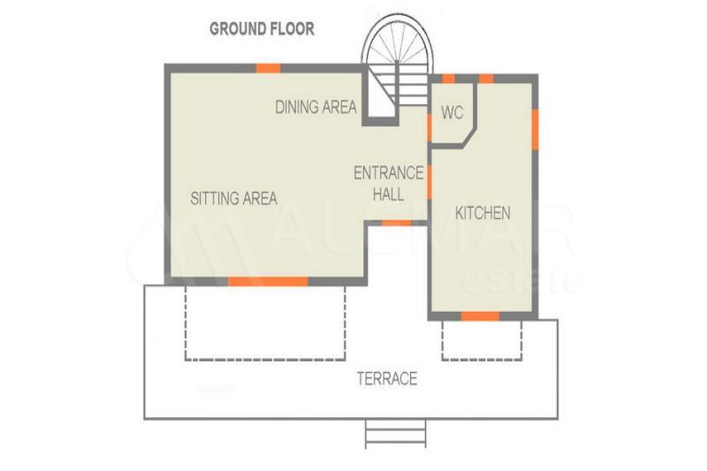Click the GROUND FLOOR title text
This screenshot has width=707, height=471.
click(x=262, y=29)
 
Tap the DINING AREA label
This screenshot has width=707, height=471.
click(x=316, y=107)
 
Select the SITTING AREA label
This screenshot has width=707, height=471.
click(x=234, y=198)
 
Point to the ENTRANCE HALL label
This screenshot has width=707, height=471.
click(x=389, y=184)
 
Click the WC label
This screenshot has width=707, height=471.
click(x=452, y=112)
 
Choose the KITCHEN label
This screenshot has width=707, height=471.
click(x=483, y=213)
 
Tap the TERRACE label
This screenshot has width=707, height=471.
click(x=387, y=378)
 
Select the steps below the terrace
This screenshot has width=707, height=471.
click(x=395, y=434)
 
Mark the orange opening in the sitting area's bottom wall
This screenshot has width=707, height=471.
click(x=268, y=282)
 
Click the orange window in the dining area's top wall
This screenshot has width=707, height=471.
click(x=269, y=68)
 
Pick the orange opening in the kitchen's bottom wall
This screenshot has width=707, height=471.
click(x=480, y=316)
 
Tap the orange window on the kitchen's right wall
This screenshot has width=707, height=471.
click(x=535, y=129)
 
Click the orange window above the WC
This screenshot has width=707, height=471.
click(x=448, y=79)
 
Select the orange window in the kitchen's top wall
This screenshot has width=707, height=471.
click(x=486, y=79)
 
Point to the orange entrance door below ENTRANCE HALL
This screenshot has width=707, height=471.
click(x=397, y=223)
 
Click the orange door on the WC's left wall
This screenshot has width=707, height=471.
click(x=430, y=127)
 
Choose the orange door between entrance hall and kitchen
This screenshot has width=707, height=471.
click(x=430, y=182)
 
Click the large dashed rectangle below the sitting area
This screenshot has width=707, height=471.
click(x=266, y=323)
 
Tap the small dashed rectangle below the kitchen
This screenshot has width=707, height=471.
click(x=482, y=340)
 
